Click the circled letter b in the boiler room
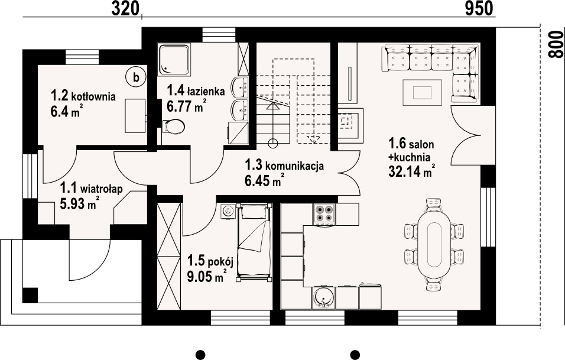(136, 77)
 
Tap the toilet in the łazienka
(174, 127)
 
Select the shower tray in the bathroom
(174, 60)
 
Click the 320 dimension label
(125, 9)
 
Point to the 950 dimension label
(479, 9)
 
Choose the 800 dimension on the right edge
(556, 44)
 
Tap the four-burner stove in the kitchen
(324, 215)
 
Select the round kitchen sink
(323, 297)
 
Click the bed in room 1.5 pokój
(254, 242)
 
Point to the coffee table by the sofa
(423, 93)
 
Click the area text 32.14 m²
(411, 171)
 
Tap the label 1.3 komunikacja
(284, 166)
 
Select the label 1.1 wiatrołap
(91, 189)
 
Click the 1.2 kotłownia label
(83, 96)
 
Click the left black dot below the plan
(200, 354)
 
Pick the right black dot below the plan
(355, 354)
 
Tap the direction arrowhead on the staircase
(273, 106)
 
